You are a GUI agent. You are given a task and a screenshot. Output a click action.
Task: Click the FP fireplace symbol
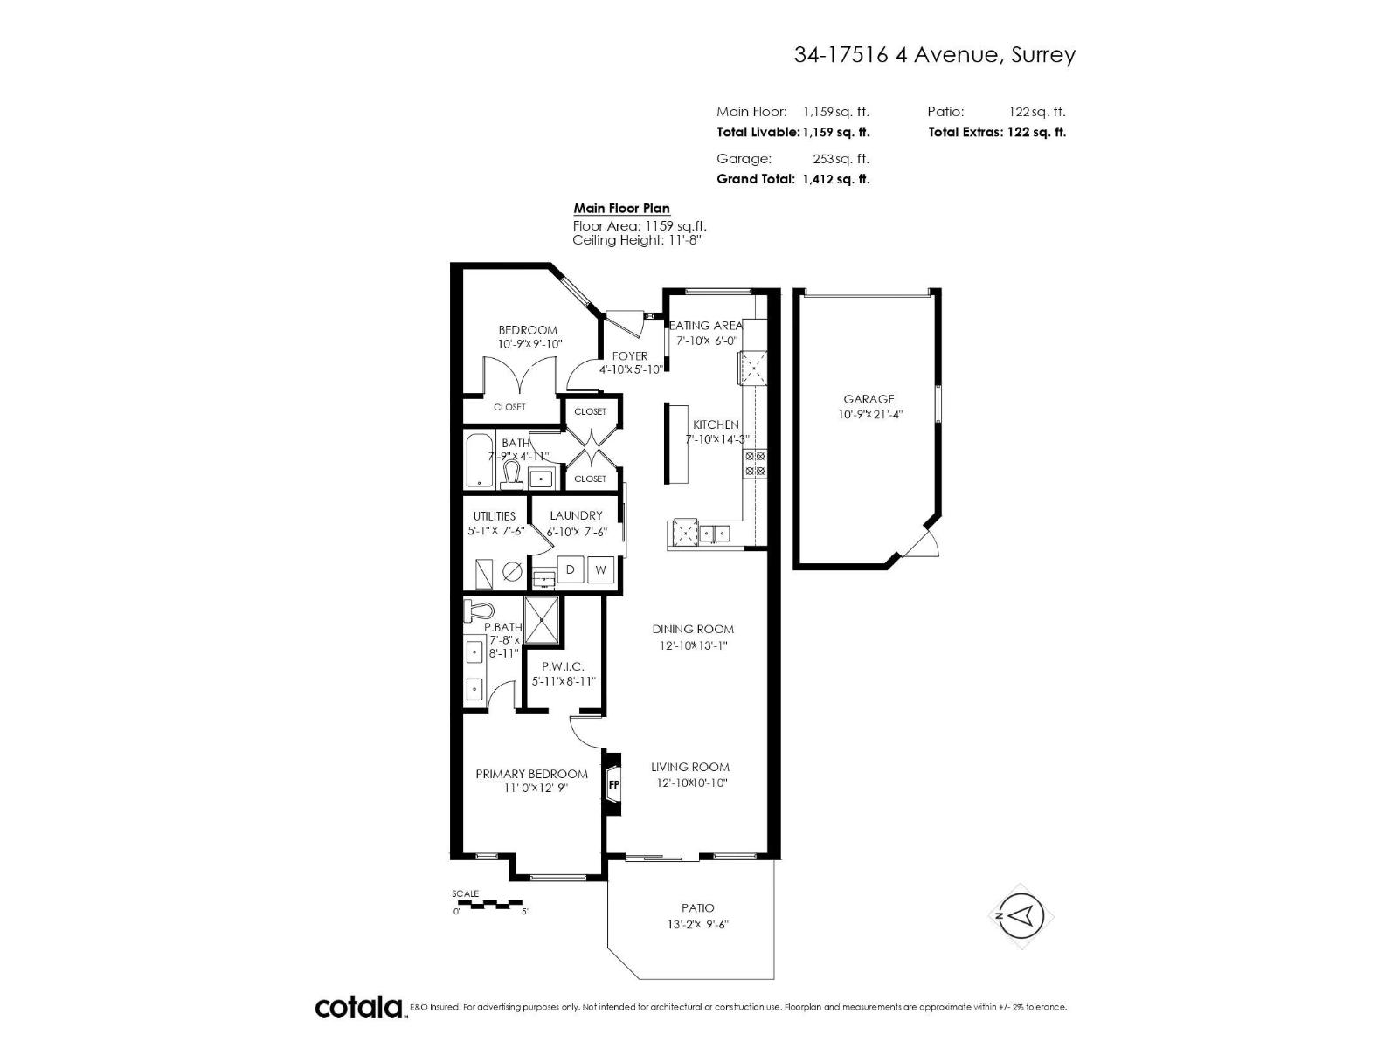(x=613, y=784)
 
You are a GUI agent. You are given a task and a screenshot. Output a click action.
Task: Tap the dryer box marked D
(x=571, y=570)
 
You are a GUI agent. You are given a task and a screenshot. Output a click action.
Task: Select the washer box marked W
(x=601, y=570)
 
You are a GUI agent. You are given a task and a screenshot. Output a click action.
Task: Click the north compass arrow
(x=1023, y=915)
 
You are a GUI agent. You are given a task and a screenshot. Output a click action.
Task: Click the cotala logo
(x=358, y=1007)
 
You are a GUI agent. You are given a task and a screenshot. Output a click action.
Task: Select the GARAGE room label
(x=869, y=399)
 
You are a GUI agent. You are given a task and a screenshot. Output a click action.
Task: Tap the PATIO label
(x=697, y=908)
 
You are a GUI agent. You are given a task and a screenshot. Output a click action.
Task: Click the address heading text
(x=934, y=55)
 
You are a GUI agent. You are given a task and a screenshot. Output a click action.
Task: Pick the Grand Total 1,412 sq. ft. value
(x=836, y=179)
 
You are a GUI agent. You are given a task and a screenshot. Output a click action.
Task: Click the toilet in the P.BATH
(x=479, y=609)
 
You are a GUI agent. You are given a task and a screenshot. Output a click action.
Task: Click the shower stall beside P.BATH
(x=543, y=619)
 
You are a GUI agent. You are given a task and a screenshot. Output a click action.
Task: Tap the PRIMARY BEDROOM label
(x=531, y=774)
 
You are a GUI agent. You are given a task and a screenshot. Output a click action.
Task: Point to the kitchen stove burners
(x=755, y=464)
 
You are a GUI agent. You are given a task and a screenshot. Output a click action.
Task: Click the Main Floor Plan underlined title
(x=621, y=208)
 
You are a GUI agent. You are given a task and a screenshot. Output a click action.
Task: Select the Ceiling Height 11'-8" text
(x=637, y=239)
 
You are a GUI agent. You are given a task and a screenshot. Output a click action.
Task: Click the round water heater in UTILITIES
(x=513, y=572)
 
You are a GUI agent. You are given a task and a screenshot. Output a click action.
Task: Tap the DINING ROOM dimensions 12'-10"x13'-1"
(x=693, y=646)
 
